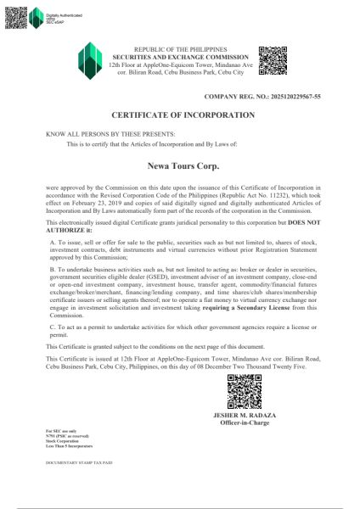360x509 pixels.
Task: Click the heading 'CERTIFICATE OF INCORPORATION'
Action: coord(183,114)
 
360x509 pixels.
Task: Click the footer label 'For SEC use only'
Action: coord(59,433)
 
